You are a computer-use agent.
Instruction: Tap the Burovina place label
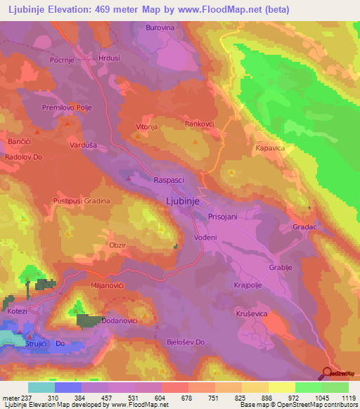(x=160, y=28)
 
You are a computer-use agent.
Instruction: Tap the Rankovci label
(x=200, y=123)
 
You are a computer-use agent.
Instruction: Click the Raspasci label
(x=169, y=180)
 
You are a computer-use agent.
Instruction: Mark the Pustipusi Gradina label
(x=82, y=201)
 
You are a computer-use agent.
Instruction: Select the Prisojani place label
(x=222, y=218)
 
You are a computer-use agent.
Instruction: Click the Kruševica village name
(x=250, y=313)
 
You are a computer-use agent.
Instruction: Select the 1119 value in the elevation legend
(x=348, y=397)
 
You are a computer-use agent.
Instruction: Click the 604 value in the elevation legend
(x=162, y=397)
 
